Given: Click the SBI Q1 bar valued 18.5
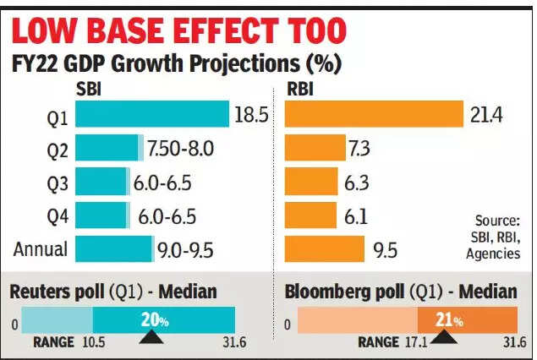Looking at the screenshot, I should click(152, 114).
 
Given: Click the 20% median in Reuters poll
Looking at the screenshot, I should click(152, 319).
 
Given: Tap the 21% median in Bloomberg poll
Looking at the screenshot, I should click(448, 320).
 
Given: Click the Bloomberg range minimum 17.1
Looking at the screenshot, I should click(416, 342).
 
